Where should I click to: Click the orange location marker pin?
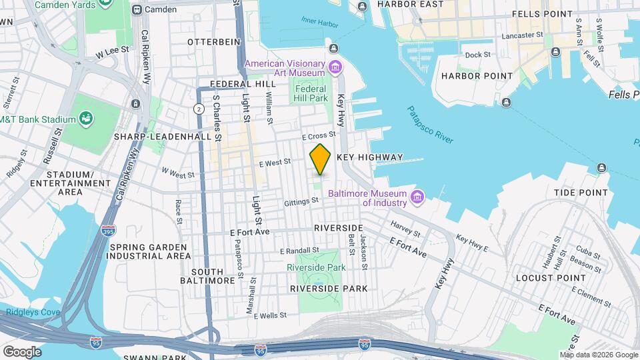point(320,159)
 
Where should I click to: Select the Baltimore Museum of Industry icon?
point(418,197)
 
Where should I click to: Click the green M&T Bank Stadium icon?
point(87,119)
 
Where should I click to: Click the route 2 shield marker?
point(199,109)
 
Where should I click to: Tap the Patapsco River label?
point(430,125)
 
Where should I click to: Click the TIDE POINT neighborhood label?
point(580,192)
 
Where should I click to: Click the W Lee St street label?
point(111,51)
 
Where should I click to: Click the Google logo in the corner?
point(22,351)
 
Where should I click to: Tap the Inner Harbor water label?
point(317,21)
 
